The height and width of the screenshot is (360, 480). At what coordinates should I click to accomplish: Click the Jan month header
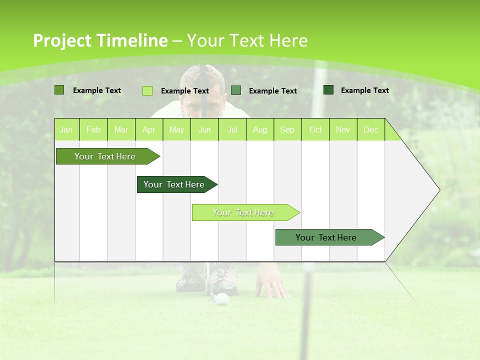66,130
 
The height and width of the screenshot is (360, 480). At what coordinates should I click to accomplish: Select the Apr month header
149,130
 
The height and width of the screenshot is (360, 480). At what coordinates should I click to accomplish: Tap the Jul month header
232,130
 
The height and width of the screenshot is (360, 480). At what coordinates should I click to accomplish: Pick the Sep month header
287,130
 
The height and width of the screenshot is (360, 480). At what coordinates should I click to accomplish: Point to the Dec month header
370,130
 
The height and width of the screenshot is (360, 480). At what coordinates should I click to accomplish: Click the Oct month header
315,130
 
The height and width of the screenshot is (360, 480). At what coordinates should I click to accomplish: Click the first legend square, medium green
59,90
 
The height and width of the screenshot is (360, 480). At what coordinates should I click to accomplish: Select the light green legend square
147,90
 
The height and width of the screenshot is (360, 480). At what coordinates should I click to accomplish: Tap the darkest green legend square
328,90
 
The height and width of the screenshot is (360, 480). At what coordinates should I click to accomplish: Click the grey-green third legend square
236,90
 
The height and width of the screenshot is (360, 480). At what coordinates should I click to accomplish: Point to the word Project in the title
62,40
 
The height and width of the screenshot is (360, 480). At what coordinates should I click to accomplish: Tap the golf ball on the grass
222,299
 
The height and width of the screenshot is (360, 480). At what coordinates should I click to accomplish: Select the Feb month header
93,130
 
